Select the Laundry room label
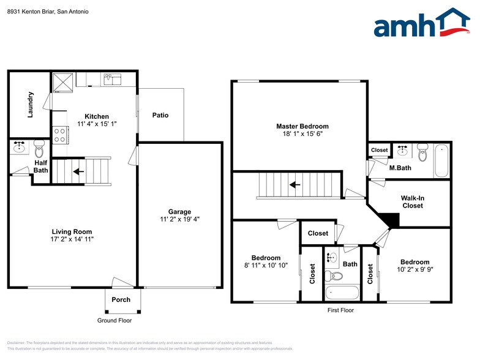click(x=31, y=104)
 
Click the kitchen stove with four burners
click(x=61, y=134)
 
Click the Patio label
click(x=160, y=115)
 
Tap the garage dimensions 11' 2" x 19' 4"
click(x=180, y=219)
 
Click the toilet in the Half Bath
click(x=39, y=148)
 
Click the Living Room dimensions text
click(x=72, y=239)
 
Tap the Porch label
click(x=121, y=299)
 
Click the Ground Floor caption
click(x=114, y=320)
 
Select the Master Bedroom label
click(x=298, y=126)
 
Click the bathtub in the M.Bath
click(x=441, y=160)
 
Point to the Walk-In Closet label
click(x=412, y=201)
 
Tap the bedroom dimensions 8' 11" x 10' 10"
click(x=266, y=266)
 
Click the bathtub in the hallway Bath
click(x=342, y=293)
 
